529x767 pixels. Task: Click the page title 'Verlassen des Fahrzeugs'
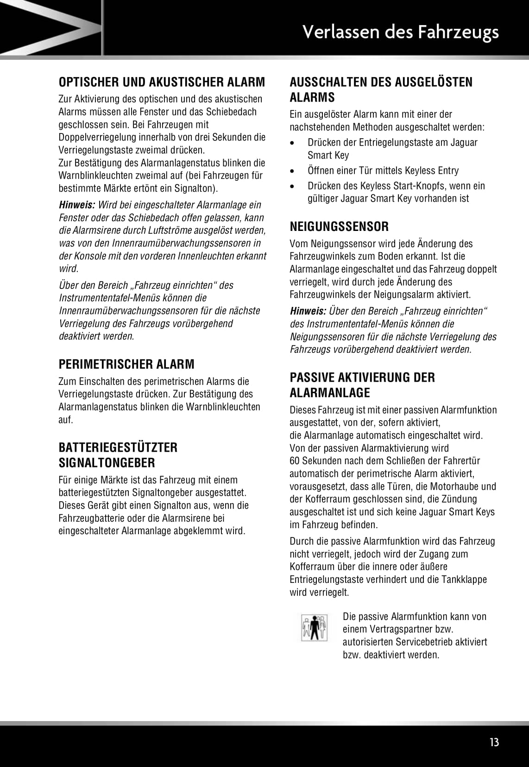(x=400, y=32)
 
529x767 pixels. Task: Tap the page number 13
(x=494, y=742)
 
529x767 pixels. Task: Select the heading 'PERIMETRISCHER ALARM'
(x=126, y=364)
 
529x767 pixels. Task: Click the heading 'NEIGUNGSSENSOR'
(x=339, y=227)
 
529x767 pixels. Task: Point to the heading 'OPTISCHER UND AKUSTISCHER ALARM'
(x=162, y=82)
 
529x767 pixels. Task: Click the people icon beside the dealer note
(x=314, y=628)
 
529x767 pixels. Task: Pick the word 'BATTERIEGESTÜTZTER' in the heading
(x=118, y=447)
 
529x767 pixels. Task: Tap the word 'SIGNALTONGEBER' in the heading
(x=107, y=463)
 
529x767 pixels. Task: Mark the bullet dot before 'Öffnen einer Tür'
(x=292, y=171)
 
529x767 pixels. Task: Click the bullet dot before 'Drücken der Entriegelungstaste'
(x=292, y=143)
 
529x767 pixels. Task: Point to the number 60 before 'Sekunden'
(x=295, y=461)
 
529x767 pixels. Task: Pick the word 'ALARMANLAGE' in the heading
(x=330, y=393)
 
